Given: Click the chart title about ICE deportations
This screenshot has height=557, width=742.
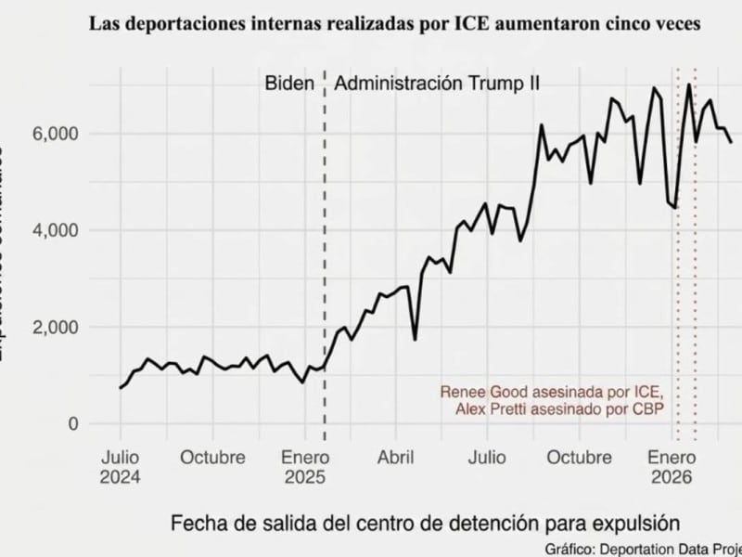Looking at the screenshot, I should (x=394, y=25).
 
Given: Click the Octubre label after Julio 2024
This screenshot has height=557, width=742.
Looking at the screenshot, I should (x=212, y=458).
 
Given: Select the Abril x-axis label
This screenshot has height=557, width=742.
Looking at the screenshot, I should (x=395, y=458).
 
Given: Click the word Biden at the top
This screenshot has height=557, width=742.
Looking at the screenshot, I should (x=289, y=84).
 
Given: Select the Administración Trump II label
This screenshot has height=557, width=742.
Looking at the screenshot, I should (x=437, y=84).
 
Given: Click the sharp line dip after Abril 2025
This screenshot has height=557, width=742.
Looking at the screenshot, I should (x=415, y=339).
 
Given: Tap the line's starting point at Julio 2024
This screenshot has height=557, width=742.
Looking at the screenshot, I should (x=121, y=388).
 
